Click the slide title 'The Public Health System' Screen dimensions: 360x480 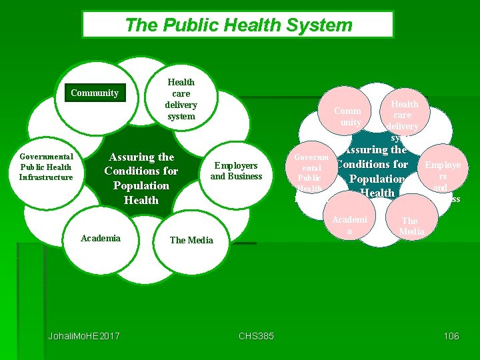238,25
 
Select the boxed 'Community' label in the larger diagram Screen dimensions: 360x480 95,93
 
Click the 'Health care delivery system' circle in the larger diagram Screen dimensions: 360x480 181,99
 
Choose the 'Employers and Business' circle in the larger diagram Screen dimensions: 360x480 236,171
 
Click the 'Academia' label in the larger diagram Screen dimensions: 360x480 100,238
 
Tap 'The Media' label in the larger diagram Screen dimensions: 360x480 191,240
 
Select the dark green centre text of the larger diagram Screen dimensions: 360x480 141,178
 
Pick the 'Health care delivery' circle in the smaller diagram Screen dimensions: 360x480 404,115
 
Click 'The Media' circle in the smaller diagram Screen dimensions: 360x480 410,225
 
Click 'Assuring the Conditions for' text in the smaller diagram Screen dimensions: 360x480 373,157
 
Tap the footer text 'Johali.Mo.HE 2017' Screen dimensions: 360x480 84,335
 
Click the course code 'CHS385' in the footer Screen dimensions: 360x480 256,335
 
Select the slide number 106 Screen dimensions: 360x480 451,335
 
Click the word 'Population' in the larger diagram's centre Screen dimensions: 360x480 141,185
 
